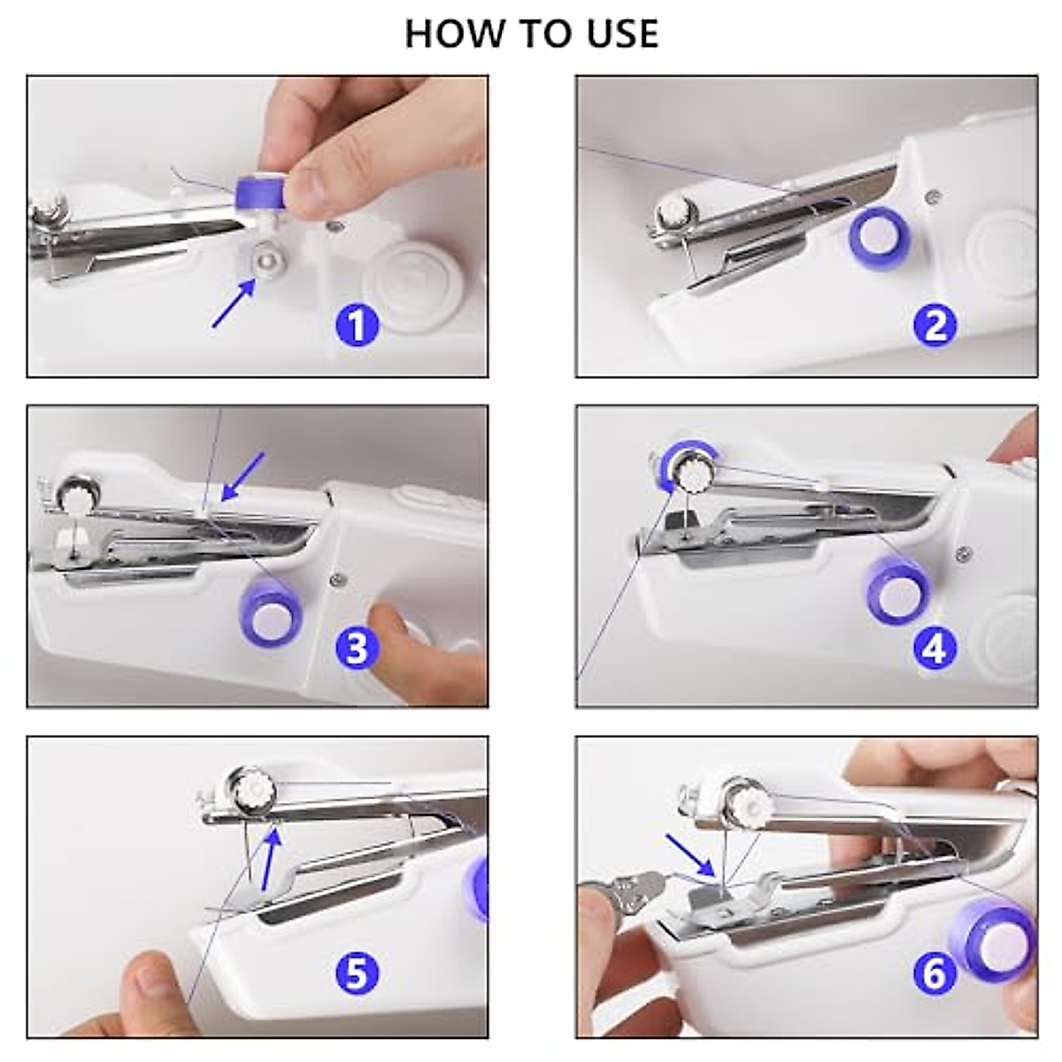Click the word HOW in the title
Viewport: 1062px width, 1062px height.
[x=455, y=34]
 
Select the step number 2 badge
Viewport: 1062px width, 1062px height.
[x=935, y=325]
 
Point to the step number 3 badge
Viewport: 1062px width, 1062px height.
[x=358, y=647]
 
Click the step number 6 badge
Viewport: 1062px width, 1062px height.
[x=935, y=973]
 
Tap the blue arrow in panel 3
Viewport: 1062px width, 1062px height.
[x=242, y=477]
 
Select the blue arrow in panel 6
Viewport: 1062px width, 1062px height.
[x=690, y=857]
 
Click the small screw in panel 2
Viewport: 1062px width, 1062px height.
[x=933, y=194]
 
